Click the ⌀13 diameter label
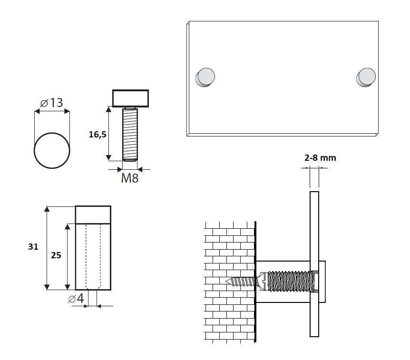tap(51, 103)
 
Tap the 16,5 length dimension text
tap(98, 135)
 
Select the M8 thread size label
tap(130, 178)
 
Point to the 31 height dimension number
tap(33, 246)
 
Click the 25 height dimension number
tap(56, 255)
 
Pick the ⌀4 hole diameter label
tap(76, 298)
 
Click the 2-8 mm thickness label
tap(320, 157)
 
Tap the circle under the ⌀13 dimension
tap(52, 151)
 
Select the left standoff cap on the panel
tap(205, 77)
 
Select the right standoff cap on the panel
tap(366, 77)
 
